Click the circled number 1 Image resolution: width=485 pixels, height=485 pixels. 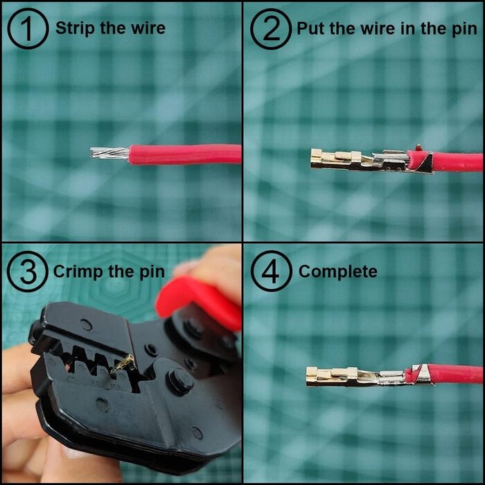(x=28, y=28)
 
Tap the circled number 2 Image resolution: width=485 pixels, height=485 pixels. (x=270, y=28)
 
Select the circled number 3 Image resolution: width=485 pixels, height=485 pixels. (x=28, y=271)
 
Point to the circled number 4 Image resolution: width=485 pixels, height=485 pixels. (x=270, y=271)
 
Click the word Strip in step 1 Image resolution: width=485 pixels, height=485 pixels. (x=73, y=28)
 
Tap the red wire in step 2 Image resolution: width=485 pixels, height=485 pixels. (x=457, y=161)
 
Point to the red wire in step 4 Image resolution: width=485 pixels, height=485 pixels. (x=457, y=374)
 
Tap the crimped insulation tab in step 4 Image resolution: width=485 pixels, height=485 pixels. (x=418, y=374)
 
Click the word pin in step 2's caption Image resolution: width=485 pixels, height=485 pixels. (x=462, y=28)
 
